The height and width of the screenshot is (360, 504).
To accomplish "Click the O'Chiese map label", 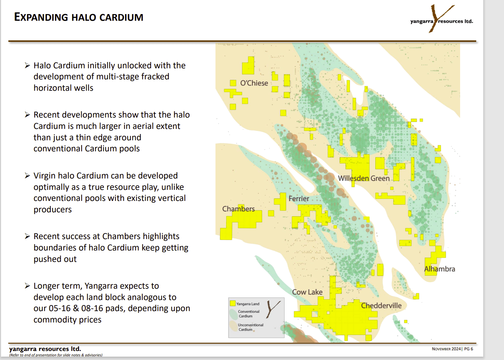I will pos(254,83).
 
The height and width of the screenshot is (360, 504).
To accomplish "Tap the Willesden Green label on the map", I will pos(364,178).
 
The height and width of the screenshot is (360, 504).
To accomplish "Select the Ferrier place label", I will pos(299,199).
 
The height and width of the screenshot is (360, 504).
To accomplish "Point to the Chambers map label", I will pos(238,209).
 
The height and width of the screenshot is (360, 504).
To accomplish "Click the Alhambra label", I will pos(440,269).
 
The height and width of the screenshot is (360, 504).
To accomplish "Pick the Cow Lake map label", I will pos(307,292).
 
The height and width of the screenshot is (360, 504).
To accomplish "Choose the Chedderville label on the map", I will pos(381,305).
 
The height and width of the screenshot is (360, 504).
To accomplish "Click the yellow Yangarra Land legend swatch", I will pos(233,303).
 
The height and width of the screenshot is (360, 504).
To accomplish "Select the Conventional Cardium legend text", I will pos(248,314).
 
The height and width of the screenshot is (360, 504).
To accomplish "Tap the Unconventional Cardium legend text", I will pos(250,327).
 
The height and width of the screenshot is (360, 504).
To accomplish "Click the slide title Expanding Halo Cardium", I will pos(79,17).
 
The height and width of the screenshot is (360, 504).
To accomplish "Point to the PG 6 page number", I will pos(468,349).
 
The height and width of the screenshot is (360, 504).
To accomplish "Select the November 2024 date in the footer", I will pos(446,349).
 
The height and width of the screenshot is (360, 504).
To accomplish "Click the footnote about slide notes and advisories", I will pos(56,355).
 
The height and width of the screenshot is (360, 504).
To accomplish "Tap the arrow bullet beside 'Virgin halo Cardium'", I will pos(27,176).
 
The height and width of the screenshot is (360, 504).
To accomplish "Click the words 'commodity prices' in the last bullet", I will pos(67,320).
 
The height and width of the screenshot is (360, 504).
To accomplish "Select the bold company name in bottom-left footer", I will pos(45,349).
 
